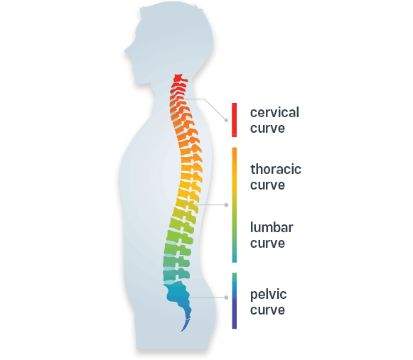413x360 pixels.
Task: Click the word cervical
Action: point(274,112)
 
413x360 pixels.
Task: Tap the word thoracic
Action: point(276,169)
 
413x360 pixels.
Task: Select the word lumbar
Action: point(272,227)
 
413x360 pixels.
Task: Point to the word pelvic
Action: point(269,295)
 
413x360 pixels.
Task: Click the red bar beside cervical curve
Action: point(234,120)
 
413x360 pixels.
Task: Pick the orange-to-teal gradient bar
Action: point(234,205)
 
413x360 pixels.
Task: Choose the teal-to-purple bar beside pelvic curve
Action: point(234,301)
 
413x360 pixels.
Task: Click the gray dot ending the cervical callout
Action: point(226,120)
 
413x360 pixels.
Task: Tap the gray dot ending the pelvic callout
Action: point(226,298)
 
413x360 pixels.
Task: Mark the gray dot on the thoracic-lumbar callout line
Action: point(226,204)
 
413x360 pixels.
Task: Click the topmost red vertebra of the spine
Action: point(180,78)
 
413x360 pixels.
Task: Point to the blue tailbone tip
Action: point(182,330)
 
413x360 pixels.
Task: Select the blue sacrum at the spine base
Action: point(178,295)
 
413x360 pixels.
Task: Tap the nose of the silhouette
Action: point(125,52)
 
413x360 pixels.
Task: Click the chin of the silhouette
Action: point(139,83)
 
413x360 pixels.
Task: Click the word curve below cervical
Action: point(267,128)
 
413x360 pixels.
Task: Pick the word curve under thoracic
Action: point(267,185)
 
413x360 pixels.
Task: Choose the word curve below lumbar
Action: point(267,243)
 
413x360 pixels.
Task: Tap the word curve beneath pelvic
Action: point(267,310)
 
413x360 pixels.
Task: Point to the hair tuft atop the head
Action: point(197,6)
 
